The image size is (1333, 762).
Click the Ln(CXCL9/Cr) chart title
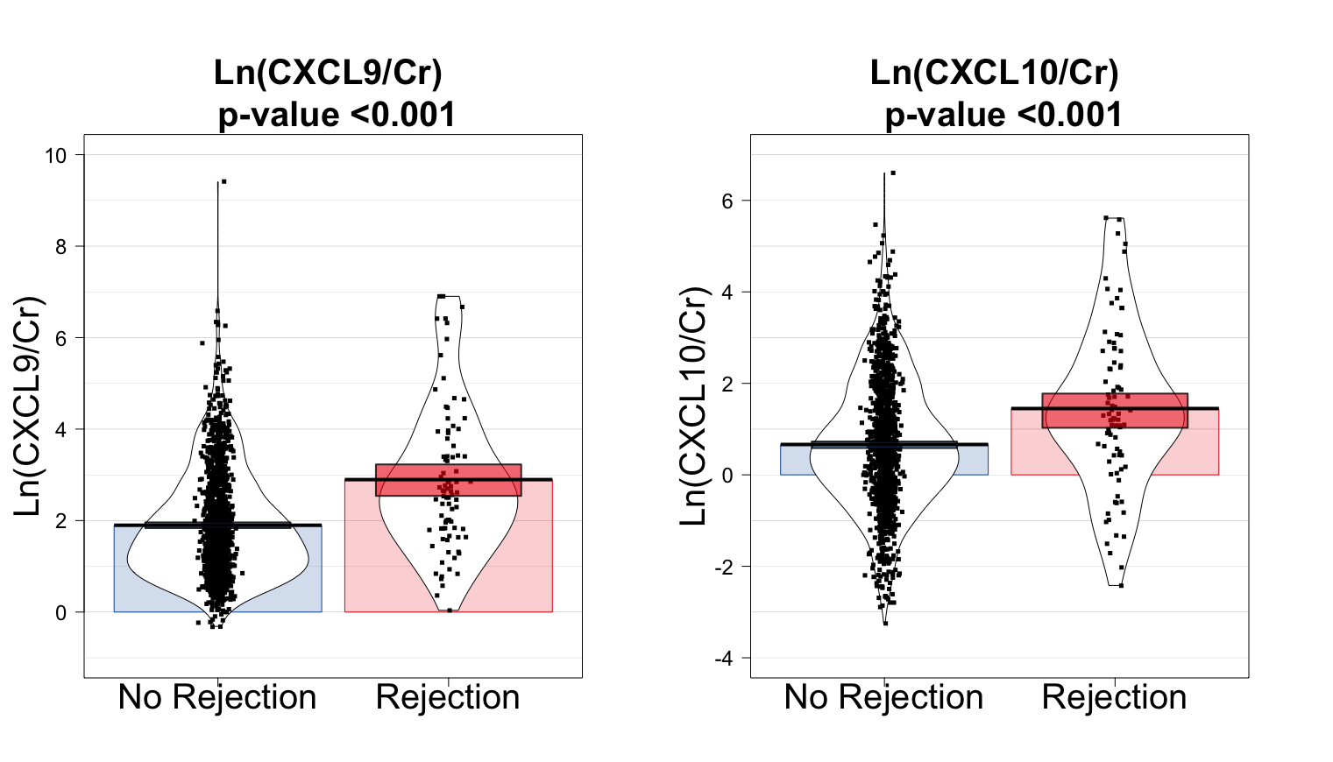click(328, 73)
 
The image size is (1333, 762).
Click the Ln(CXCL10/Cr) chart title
click(994, 73)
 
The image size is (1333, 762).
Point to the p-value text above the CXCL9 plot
click(337, 116)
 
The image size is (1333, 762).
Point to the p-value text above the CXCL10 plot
click(1003, 116)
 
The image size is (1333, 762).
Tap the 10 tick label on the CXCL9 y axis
click(56, 156)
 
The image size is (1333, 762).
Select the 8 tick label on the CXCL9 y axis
click(60, 247)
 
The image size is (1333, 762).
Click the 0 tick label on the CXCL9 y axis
click(60, 613)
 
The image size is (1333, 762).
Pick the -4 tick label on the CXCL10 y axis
click(723, 659)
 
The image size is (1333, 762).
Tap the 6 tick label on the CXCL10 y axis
click(727, 201)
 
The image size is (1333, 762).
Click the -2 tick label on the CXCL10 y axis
click(723, 568)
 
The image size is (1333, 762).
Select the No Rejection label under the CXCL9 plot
click(217, 698)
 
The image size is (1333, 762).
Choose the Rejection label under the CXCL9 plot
click(448, 698)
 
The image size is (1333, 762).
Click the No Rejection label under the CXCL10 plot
click(883, 698)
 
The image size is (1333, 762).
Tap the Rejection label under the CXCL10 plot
click(1114, 698)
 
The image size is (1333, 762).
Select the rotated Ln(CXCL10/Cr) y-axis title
click(693, 406)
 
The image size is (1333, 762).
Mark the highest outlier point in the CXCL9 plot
click(223, 181)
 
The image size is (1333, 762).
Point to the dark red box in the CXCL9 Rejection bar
click(448, 480)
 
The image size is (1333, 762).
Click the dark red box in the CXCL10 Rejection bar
click(1114, 410)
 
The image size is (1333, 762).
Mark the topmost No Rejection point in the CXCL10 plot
click(892, 173)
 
